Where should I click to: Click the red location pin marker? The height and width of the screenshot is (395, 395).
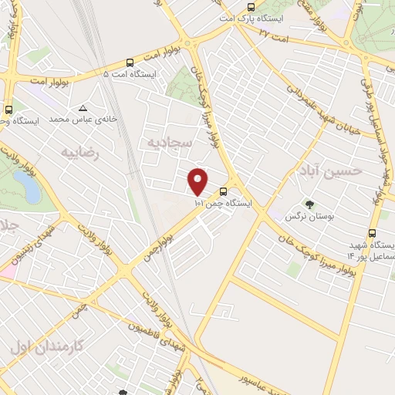tap(198, 181)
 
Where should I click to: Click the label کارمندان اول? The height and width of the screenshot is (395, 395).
tap(46, 346)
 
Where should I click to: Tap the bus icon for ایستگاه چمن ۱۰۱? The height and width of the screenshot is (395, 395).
tap(223, 191)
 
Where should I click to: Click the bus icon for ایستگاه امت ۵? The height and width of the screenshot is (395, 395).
tap(130, 62)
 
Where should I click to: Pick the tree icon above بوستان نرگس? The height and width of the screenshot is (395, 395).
tap(309, 204)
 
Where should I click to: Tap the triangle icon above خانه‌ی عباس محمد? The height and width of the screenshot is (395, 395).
tap(83, 109)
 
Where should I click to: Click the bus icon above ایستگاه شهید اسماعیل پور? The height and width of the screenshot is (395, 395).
tap(373, 234)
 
